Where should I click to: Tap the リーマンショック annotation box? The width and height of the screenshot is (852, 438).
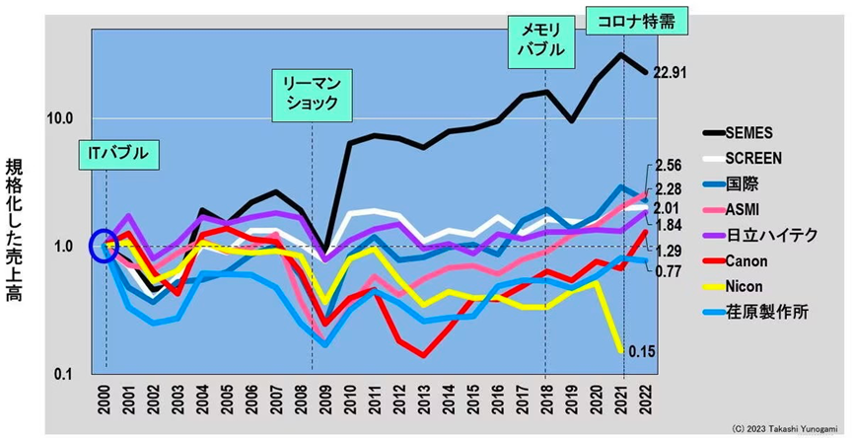[x=311, y=94]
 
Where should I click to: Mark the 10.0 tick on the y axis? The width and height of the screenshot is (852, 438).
[x=60, y=118]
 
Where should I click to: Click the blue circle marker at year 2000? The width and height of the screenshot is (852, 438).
[x=105, y=245]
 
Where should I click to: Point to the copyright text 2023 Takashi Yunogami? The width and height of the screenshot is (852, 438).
[x=785, y=429]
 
